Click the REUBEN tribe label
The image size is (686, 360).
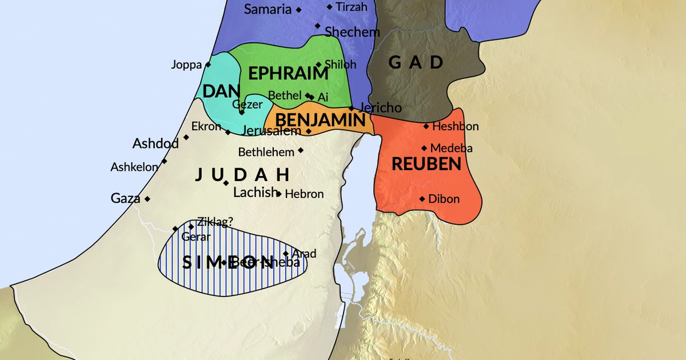[x=426, y=164]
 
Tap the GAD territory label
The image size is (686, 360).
[x=416, y=62]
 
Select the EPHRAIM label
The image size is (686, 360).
[x=288, y=74]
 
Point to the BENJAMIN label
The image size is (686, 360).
[x=320, y=120]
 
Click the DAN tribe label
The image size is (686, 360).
[x=221, y=92]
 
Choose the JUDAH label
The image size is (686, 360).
[x=242, y=175]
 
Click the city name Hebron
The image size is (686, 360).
[x=304, y=194]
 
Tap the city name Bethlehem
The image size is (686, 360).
[x=266, y=153]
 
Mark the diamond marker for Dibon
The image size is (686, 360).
[x=422, y=199]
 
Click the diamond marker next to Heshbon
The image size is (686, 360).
[x=426, y=126]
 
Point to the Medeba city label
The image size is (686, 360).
[x=451, y=149]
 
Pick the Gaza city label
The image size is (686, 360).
[x=125, y=199]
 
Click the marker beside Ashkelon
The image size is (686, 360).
[x=164, y=161]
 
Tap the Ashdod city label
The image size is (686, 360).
[x=155, y=143]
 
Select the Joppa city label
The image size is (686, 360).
[x=186, y=65]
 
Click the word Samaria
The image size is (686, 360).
[x=268, y=9]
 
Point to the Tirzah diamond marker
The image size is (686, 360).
[x=329, y=7]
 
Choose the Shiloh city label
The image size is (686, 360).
[x=340, y=65]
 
